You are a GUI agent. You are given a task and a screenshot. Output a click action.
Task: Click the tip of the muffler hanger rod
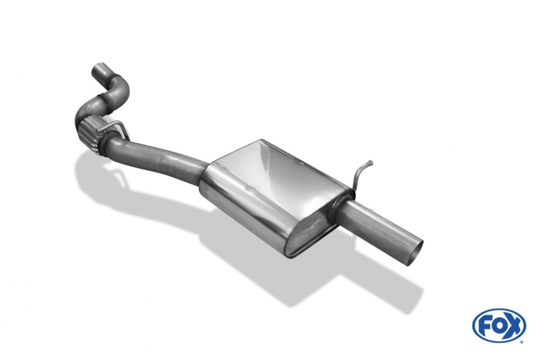(x=372, y=162)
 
